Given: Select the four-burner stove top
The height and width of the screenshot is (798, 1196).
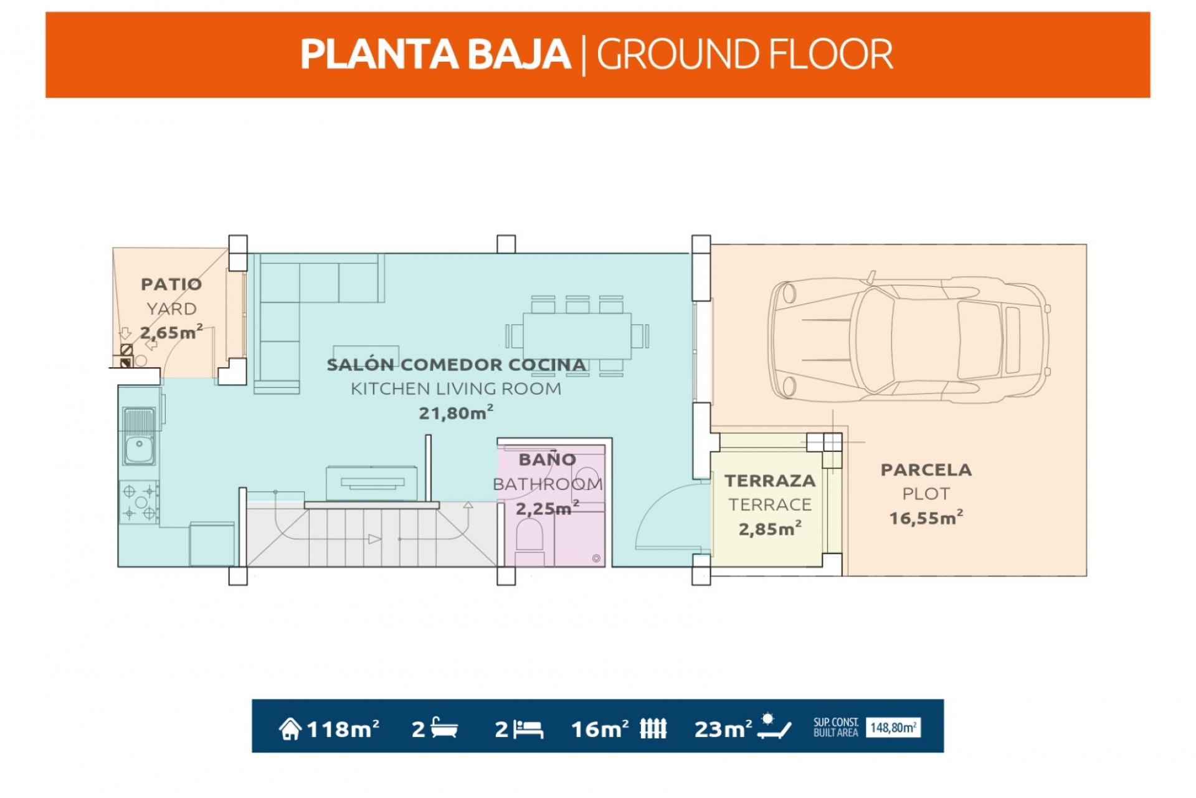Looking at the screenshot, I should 139,502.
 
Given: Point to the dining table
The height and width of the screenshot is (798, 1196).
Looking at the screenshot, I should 577,336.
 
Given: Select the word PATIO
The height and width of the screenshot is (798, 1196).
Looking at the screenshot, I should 171,284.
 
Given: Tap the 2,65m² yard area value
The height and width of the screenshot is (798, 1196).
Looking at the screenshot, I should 171,332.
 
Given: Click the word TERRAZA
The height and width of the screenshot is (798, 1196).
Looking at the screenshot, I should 770,481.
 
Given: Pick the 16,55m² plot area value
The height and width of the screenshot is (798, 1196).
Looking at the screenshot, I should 926,517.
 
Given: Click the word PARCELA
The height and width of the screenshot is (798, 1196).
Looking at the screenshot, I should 926,470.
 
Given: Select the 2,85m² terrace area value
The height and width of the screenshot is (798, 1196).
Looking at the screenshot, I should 770,529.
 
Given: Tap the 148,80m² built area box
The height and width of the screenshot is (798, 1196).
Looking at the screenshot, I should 893,728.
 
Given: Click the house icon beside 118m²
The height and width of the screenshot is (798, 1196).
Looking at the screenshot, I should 290,728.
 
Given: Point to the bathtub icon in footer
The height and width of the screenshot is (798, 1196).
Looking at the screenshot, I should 444,728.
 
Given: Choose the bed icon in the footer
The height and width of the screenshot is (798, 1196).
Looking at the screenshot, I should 528,729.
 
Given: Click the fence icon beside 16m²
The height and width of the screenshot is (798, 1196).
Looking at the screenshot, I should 653,728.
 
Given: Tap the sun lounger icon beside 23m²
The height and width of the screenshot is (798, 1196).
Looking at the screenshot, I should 774,727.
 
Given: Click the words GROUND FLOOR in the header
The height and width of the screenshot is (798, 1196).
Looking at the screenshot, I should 745,54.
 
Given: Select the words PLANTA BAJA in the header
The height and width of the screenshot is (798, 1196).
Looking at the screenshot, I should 435,54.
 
